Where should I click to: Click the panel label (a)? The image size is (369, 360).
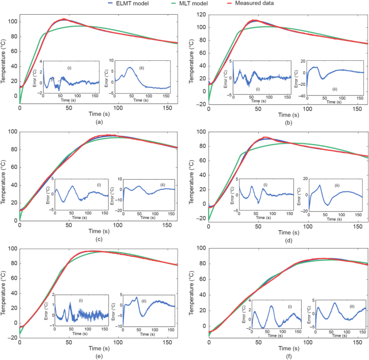tap(98, 122)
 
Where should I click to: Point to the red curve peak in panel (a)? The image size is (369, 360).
tap(65, 19)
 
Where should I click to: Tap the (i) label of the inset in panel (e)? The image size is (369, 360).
tap(81, 300)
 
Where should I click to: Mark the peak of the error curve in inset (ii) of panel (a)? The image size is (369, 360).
tap(131, 67)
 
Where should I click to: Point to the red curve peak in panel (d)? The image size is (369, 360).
tap(265, 137)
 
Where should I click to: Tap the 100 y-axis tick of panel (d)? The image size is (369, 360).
tap(199, 132)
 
